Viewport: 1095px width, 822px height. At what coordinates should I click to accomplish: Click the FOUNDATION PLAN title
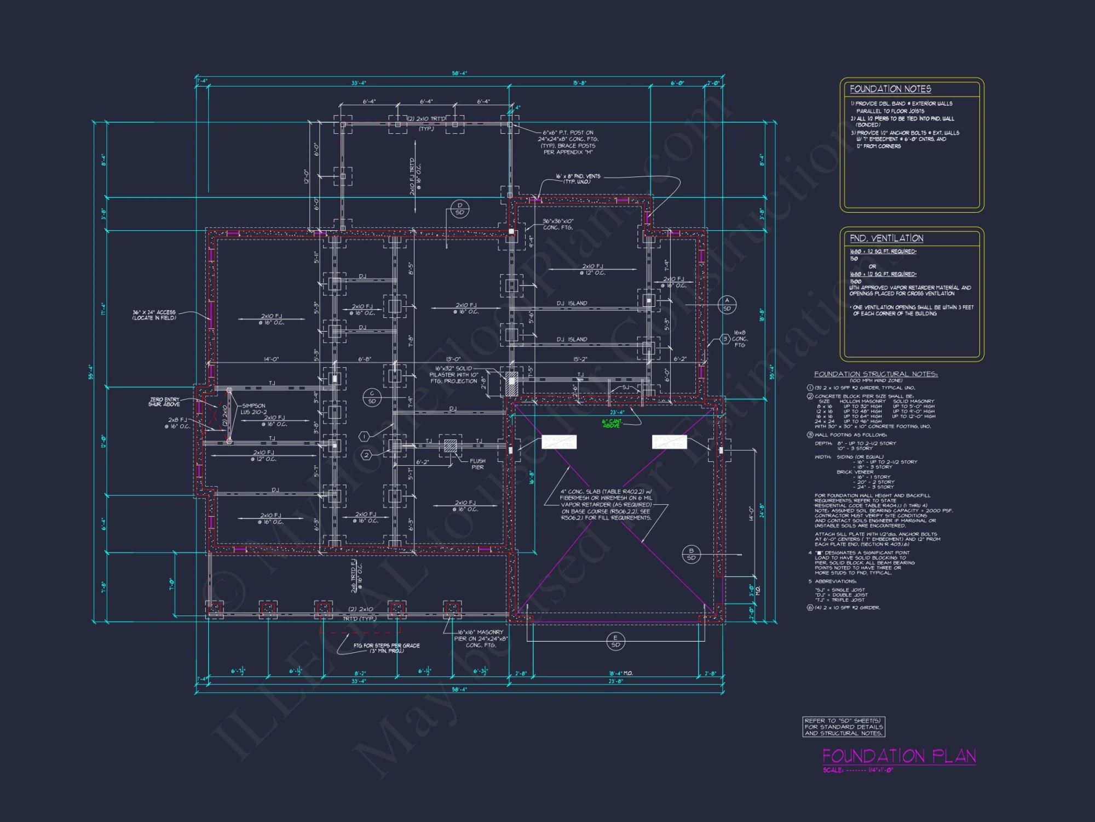(x=899, y=756)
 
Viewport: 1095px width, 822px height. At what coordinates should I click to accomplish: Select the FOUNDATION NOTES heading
(x=890, y=89)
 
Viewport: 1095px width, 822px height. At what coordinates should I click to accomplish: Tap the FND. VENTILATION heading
(x=886, y=238)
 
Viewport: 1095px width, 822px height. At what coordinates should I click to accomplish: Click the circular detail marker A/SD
(x=727, y=305)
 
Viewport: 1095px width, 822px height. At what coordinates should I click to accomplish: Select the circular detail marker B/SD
(x=691, y=554)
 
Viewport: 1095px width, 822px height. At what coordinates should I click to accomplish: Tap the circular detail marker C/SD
(x=372, y=397)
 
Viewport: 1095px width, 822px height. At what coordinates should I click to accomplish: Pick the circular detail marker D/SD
(x=459, y=209)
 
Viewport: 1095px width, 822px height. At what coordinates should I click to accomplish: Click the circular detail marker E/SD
(x=615, y=641)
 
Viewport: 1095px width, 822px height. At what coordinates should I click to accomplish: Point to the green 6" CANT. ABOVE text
(x=612, y=424)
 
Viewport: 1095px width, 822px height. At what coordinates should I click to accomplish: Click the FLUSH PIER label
(x=477, y=464)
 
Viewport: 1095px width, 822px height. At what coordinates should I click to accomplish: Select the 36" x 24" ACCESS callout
(x=154, y=315)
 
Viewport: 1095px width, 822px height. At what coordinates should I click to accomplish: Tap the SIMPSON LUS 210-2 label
(x=253, y=409)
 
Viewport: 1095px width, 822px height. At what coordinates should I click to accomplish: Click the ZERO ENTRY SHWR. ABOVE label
(x=164, y=402)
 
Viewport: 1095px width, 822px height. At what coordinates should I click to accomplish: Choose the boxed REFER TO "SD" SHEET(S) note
(x=843, y=727)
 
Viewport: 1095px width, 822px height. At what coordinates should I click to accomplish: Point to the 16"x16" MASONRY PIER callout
(x=481, y=638)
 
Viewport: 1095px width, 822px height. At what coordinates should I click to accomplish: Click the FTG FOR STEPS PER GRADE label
(x=387, y=648)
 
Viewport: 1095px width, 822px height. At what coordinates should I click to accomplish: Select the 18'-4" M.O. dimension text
(x=621, y=673)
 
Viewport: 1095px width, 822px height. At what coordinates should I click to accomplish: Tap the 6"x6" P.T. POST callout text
(x=568, y=142)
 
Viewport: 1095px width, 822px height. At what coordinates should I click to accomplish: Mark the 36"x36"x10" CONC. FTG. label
(x=558, y=224)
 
